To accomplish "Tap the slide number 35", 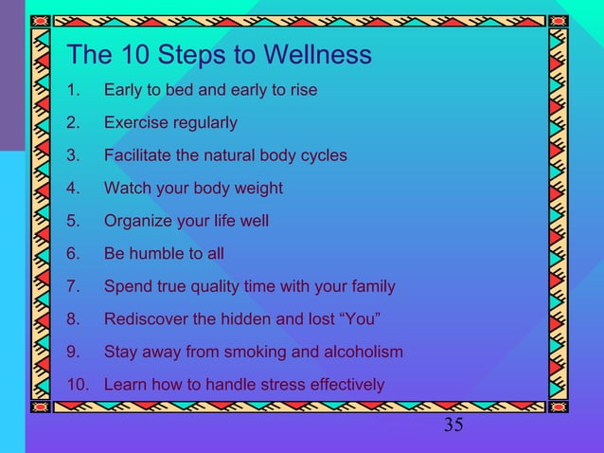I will point(453,426).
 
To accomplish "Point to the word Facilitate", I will point(137,155).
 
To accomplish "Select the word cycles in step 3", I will point(322,155).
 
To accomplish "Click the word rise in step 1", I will point(302,91).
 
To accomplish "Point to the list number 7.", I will point(73,286).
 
